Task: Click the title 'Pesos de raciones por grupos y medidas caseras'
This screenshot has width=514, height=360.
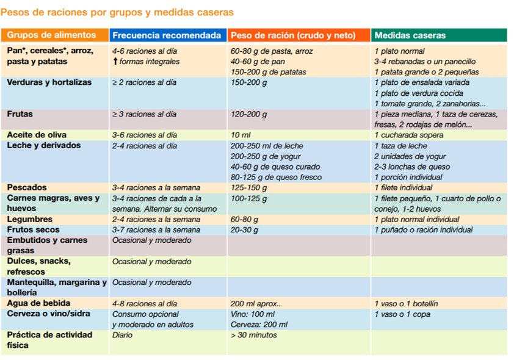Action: click(117, 12)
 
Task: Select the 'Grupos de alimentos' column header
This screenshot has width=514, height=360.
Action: click(51, 35)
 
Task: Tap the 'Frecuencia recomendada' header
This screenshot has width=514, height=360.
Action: click(167, 35)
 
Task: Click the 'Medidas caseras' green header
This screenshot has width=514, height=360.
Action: click(410, 35)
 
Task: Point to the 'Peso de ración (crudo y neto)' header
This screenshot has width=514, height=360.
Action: click(293, 35)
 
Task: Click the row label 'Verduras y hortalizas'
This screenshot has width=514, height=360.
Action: click(49, 82)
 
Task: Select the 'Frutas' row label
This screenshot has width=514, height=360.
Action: click(20, 114)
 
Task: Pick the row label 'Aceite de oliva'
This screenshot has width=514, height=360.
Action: click(37, 135)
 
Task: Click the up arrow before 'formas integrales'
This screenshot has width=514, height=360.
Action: click(115, 61)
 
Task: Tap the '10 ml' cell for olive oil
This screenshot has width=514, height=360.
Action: click(241, 135)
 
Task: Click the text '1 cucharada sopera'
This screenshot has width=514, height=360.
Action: click(409, 135)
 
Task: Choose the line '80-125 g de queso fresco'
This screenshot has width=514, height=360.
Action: click(276, 177)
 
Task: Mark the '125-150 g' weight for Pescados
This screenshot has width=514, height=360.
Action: click(249, 188)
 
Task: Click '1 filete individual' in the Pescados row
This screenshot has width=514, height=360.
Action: click(403, 188)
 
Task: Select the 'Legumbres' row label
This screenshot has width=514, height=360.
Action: click(30, 219)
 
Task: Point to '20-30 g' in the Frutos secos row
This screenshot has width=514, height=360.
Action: click(244, 229)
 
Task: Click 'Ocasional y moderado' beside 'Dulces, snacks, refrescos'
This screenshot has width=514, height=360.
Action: click(152, 261)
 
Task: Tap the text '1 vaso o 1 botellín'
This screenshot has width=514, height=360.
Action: click(406, 304)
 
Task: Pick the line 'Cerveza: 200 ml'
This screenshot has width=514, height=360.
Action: click(259, 325)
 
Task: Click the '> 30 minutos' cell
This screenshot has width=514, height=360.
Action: click(254, 335)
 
